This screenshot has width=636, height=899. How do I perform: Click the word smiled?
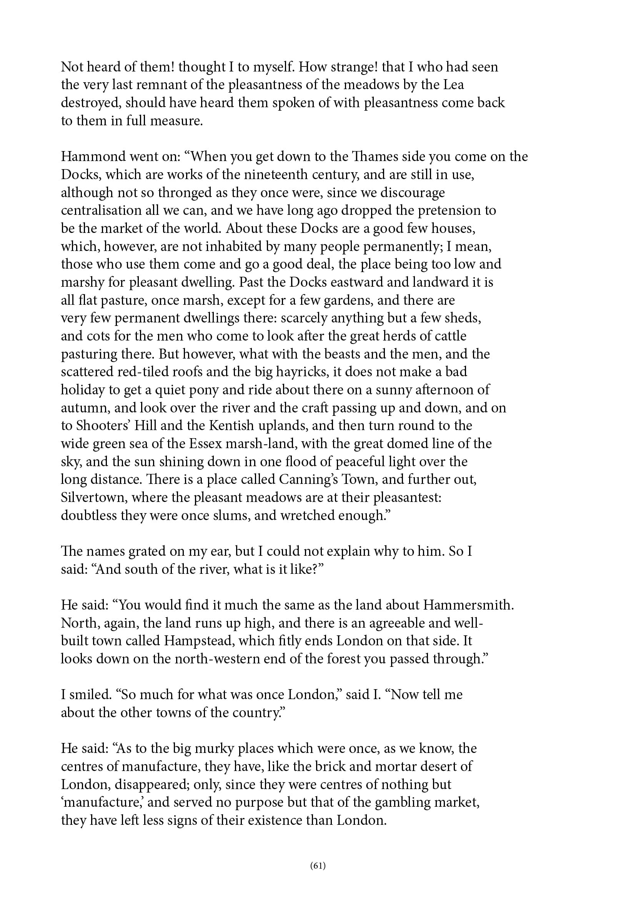90,695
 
